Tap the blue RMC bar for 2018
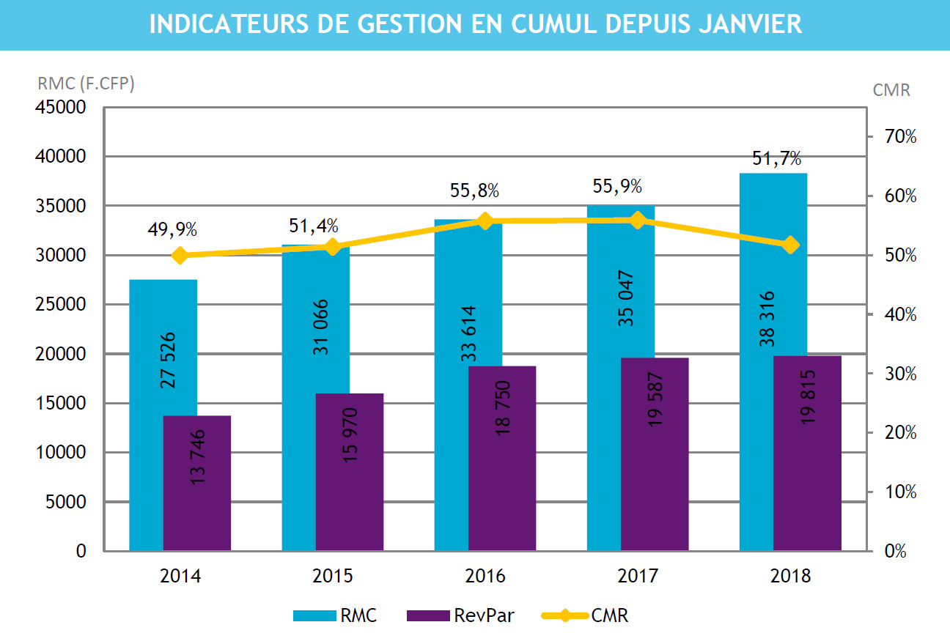pos(756,264)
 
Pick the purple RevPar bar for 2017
pos(655,454)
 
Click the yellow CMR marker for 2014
pos(180,256)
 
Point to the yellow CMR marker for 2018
pos(790,245)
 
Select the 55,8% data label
pos(474,191)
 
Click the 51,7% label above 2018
pos(776,158)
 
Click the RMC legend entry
pos(335,615)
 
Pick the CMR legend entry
pos(584,615)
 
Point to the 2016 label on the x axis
pos(485,576)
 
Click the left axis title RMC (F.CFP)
pos(86,84)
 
